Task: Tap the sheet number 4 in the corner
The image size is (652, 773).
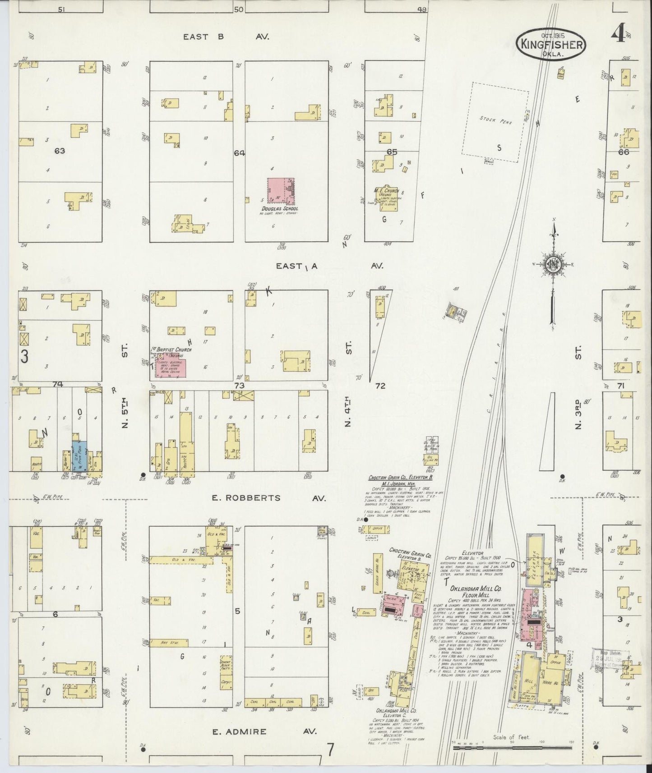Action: [618, 33]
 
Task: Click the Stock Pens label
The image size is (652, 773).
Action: [495, 121]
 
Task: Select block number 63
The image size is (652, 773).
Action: [60, 151]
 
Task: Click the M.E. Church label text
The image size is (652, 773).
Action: [385, 190]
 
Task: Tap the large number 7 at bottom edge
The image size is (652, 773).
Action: [330, 750]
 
